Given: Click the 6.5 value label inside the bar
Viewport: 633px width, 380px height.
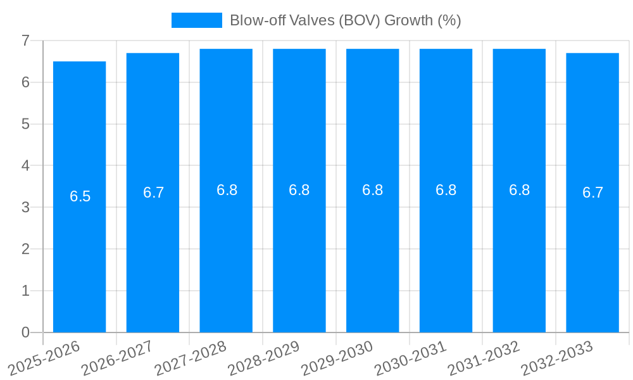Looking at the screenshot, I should click(80, 196).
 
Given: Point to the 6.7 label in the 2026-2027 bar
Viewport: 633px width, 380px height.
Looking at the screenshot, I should click(154, 193).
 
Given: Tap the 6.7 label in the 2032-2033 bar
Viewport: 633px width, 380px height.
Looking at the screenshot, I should click(593, 193).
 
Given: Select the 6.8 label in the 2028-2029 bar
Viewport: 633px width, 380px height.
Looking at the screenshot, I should click(299, 190).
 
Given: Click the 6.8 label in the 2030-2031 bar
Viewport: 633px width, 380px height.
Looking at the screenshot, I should click(446, 190).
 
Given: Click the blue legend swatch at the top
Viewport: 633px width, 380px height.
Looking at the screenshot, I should click(197, 20).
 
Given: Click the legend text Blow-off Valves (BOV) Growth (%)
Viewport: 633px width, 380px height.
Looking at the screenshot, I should click(345, 20).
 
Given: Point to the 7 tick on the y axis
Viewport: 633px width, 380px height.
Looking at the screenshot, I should click(26, 41).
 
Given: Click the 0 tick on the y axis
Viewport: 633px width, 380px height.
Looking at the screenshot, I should click(26, 332).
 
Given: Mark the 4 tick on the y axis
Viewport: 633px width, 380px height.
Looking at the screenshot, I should click(26, 165).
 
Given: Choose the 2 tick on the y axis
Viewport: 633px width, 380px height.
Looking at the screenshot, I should click(26, 249).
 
